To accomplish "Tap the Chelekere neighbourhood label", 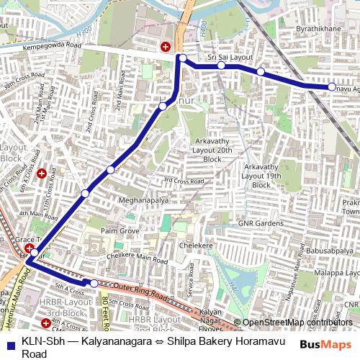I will pyautogui.click(x=190, y=246).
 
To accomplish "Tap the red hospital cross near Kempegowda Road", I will pyautogui.click(x=166, y=47).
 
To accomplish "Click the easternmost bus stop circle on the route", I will pyautogui.click(x=332, y=87).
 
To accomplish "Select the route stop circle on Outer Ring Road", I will pyautogui.click(x=94, y=283).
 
